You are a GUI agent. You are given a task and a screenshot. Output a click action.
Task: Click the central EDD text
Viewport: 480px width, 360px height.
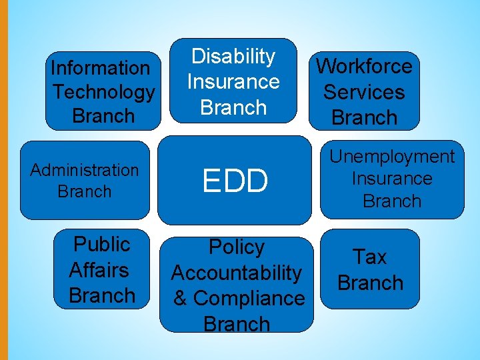click(x=235, y=180)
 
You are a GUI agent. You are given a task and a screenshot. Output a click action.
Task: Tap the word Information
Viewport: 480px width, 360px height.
click(x=101, y=68)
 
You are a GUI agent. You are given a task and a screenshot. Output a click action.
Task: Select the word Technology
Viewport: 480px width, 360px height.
click(x=103, y=92)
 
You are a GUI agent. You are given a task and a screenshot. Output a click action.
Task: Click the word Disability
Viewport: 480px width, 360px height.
click(x=233, y=57)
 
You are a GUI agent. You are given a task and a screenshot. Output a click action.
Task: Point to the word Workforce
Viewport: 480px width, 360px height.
click(x=364, y=66)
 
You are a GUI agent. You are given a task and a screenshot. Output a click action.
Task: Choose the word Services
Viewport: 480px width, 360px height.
click(x=364, y=92)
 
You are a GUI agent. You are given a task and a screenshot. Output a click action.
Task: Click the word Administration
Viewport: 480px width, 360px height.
click(x=85, y=170)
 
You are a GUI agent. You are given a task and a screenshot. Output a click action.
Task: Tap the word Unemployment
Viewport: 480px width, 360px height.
click(x=392, y=157)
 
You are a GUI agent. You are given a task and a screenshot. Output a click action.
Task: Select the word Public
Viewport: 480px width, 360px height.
click(x=101, y=244)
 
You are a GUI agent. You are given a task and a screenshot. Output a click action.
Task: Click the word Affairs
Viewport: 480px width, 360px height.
click(x=99, y=270)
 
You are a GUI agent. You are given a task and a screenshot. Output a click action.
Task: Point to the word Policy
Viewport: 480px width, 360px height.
click(x=237, y=247)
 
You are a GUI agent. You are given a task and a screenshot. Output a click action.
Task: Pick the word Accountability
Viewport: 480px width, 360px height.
click(x=237, y=273)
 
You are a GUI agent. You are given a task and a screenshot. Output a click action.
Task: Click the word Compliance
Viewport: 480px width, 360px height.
click(x=249, y=298)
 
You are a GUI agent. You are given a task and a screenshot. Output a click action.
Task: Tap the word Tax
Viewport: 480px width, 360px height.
click(x=370, y=257)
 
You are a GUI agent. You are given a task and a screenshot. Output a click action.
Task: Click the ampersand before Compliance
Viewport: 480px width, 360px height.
click(x=180, y=298)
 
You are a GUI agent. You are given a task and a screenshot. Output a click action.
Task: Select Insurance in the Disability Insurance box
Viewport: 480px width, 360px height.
click(x=233, y=82)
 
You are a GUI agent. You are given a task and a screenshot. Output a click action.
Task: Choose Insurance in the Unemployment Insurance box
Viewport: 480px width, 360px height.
click(x=392, y=179)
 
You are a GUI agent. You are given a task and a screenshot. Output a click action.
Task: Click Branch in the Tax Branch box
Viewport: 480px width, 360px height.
click(x=370, y=283)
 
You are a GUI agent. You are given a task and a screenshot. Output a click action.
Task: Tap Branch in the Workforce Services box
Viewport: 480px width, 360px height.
click(x=364, y=117)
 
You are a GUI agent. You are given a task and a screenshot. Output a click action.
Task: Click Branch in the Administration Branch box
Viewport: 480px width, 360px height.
click(x=85, y=191)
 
